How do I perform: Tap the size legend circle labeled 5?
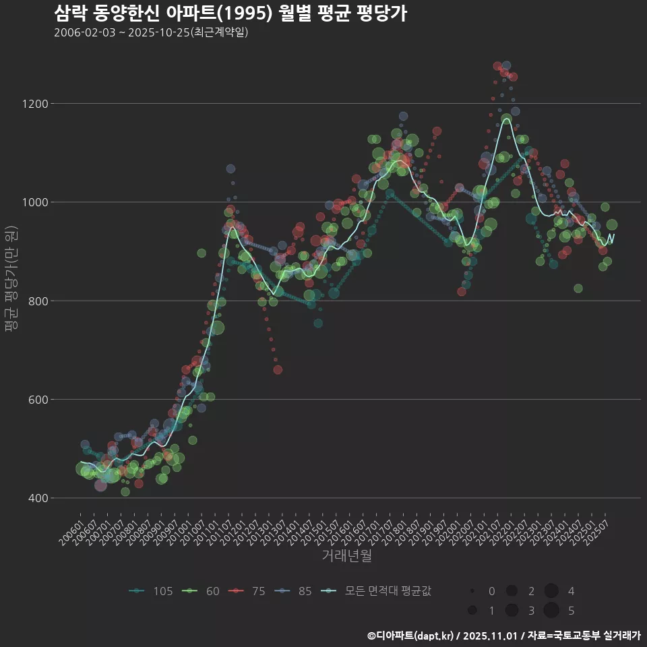click(551, 611)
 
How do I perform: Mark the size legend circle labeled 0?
click(472, 591)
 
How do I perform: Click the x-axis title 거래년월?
click(346, 556)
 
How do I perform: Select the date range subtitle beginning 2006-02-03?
click(151, 32)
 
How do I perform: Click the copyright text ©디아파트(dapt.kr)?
click(413, 636)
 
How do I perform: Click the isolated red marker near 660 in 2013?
click(278, 369)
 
